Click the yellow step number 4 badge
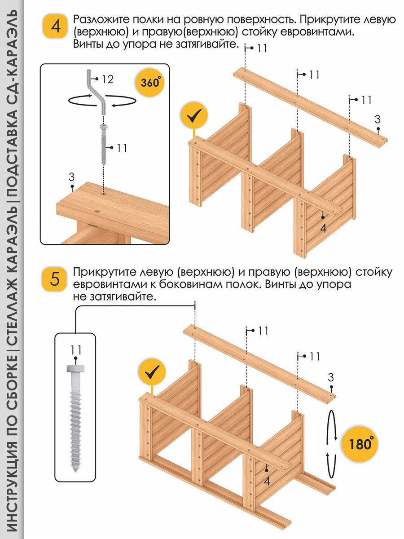point(55,26)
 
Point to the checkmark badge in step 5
point(152,372)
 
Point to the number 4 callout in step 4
point(324,228)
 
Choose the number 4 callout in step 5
point(267,481)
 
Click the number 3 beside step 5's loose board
point(331,377)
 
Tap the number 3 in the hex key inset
point(71,176)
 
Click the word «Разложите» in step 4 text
point(101,20)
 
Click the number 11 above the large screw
point(76,349)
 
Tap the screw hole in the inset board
point(104,195)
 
